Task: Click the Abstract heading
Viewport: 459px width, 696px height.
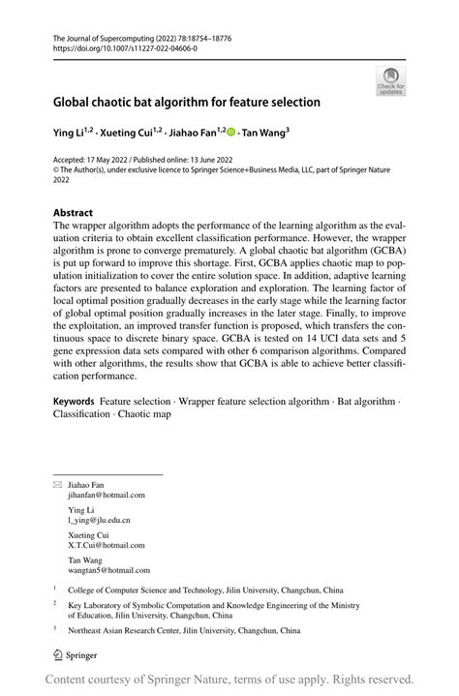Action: click(x=74, y=212)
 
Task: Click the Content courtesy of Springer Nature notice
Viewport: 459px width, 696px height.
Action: click(x=229, y=680)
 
